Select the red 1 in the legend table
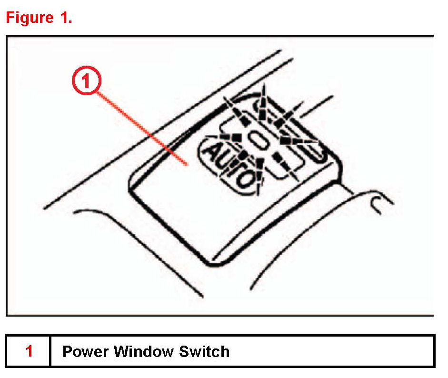tap(29, 351)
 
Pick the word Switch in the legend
tap(204, 351)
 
